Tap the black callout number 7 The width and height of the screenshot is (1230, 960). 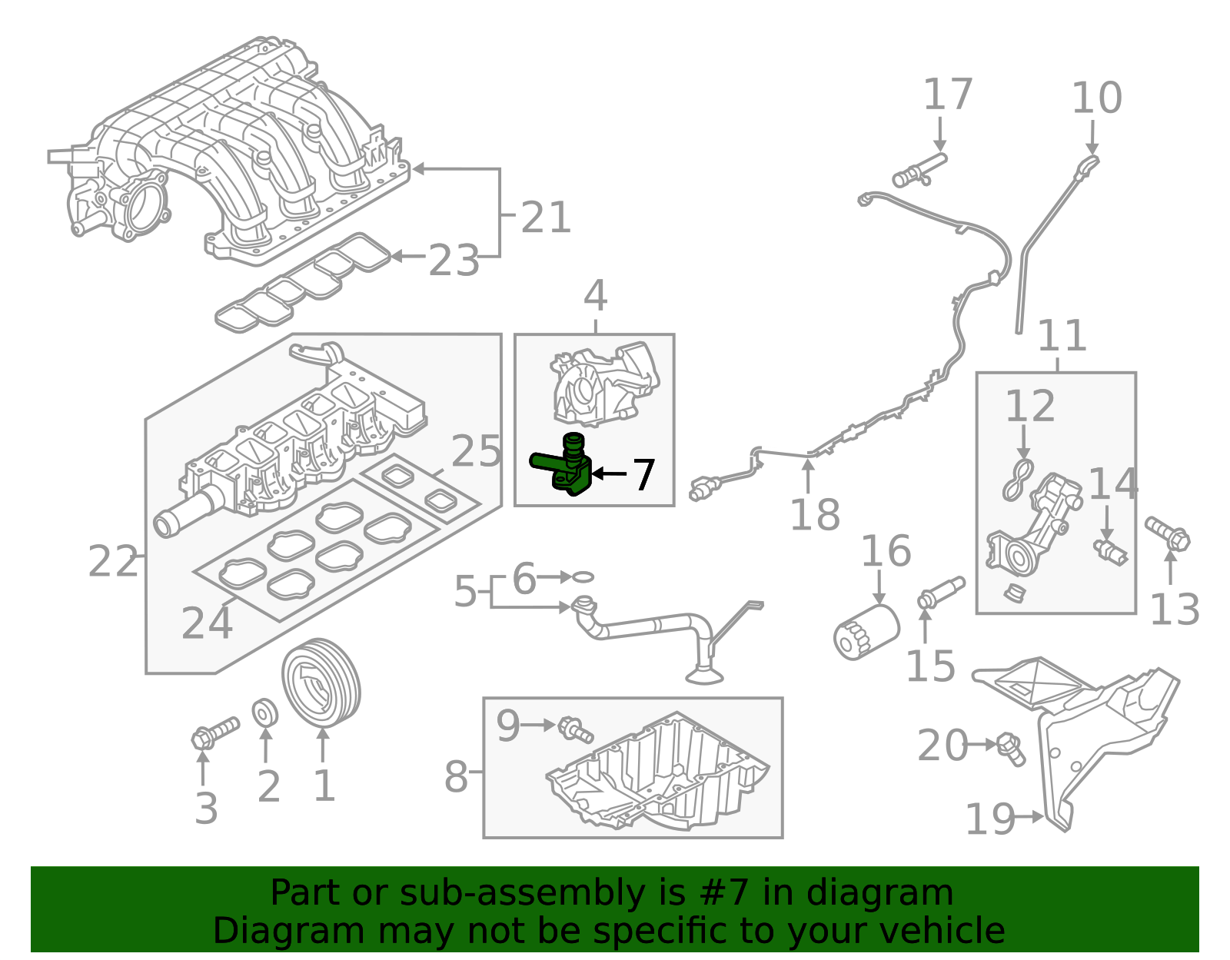click(643, 475)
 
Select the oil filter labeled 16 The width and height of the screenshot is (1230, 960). click(866, 631)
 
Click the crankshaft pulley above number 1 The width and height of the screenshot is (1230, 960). click(321, 681)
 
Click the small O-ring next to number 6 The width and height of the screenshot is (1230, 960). click(583, 576)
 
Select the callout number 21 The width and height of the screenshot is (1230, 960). click(546, 218)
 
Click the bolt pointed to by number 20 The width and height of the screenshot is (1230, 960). click(1011, 749)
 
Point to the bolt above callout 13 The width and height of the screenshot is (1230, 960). click(1168, 533)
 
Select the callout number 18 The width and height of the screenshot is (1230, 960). click(815, 514)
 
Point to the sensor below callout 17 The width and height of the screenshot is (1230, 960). click(919, 171)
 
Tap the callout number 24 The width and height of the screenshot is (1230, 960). click(206, 623)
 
